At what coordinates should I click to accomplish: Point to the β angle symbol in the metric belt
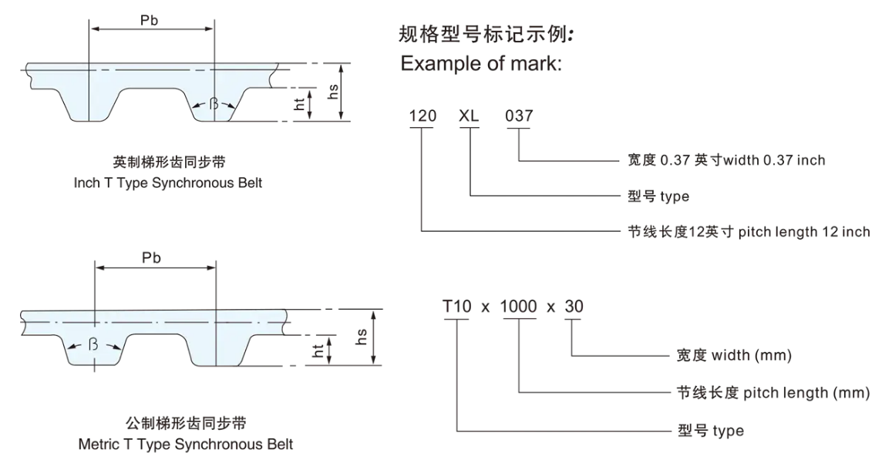click(x=93, y=344)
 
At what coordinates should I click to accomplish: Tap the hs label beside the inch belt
click(x=334, y=92)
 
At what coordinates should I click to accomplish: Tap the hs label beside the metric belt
click(x=362, y=337)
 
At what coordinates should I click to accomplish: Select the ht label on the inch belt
click(x=299, y=104)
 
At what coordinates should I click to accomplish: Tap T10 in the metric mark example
click(x=456, y=306)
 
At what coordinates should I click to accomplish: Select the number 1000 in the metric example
click(x=519, y=306)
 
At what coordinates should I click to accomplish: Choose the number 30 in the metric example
click(x=574, y=306)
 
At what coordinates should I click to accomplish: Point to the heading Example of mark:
click(x=481, y=65)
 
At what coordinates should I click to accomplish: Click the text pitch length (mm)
click(x=806, y=393)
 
